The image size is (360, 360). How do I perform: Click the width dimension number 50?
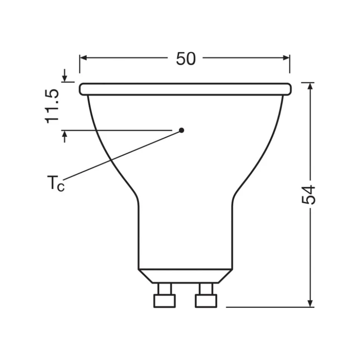click(186, 59)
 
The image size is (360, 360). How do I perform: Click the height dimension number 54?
click(309, 194)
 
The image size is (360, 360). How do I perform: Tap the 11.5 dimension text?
click(52, 106)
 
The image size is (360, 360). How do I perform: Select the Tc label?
click(56, 184)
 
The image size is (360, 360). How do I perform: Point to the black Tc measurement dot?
click(181, 130)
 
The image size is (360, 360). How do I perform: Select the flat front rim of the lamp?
click(185, 89)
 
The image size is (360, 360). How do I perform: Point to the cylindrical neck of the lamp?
click(185, 234)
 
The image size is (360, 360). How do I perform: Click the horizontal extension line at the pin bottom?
click(267, 307)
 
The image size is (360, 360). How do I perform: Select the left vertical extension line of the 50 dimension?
click(79, 65)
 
